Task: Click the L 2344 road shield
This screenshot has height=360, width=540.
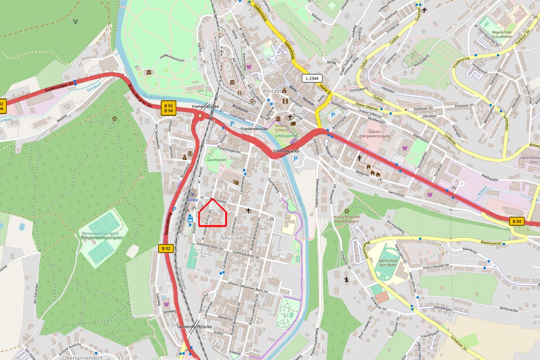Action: coord(312,78)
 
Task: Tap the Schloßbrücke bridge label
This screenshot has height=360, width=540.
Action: coord(286,151)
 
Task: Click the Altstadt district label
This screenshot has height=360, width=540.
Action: coord(272,91)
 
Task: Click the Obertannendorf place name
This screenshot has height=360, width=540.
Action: coord(82,357)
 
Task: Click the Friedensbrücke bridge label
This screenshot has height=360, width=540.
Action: coord(254,128)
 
